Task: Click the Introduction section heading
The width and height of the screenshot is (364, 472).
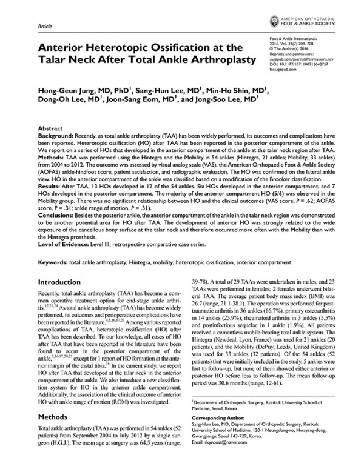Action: [x=63, y=283]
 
